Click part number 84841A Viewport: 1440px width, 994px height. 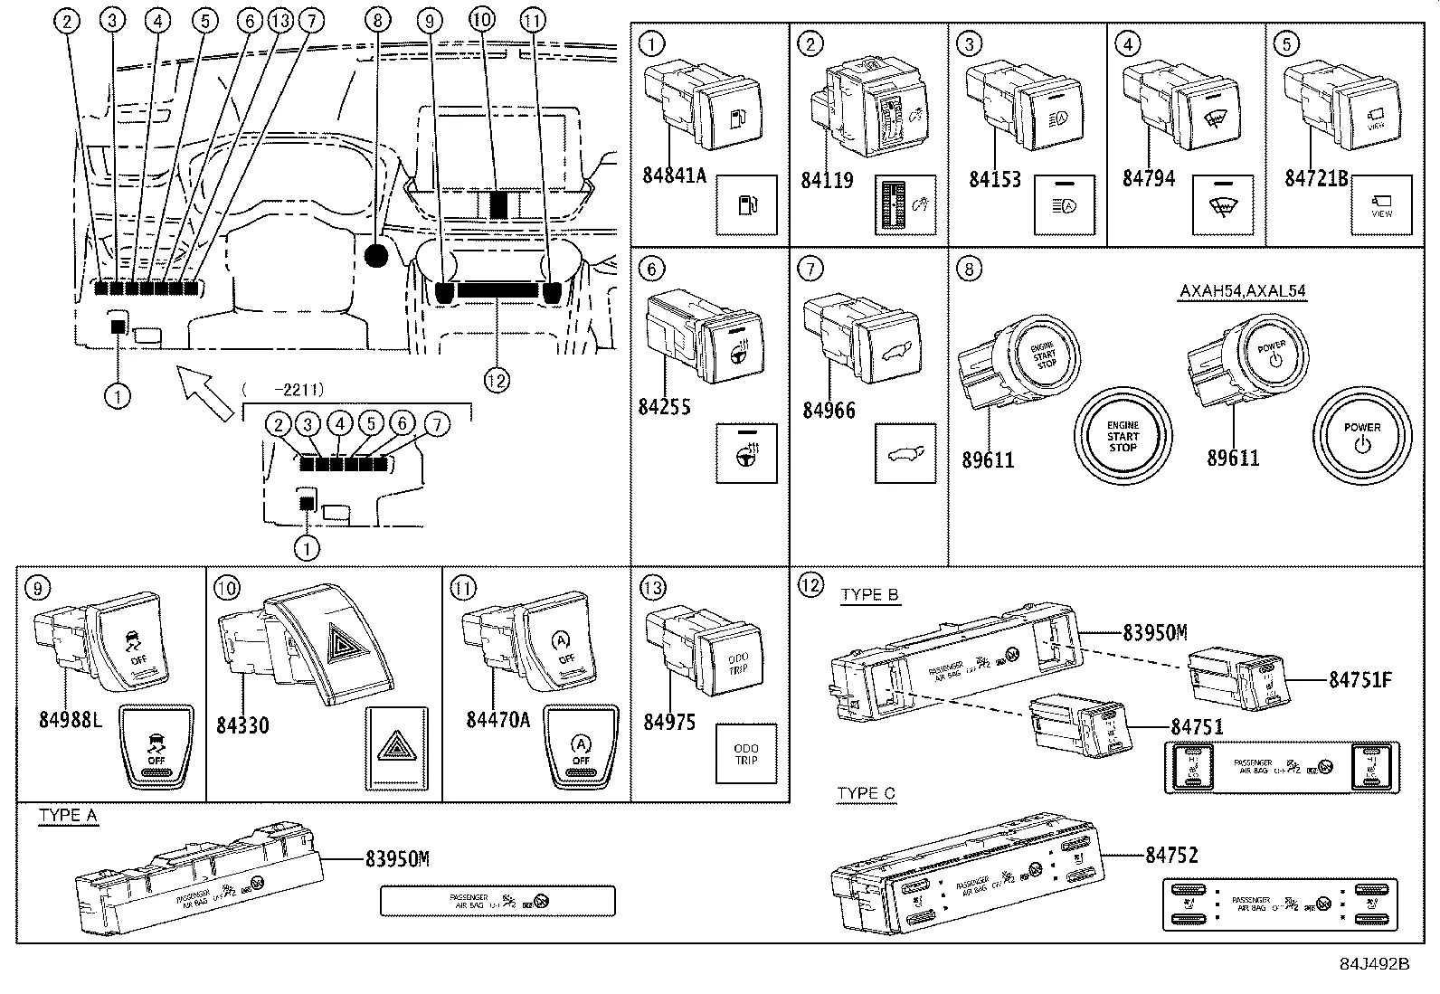pos(674,175)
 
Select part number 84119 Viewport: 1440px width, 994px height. pos(827,180)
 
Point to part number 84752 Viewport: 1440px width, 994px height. pos(1171,855)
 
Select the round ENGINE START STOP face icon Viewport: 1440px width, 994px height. pos(1123,436)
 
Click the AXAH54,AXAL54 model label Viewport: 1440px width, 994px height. pos(1243,291)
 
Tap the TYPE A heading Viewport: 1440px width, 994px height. pos(68,816)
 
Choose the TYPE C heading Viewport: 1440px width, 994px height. pos(866,794)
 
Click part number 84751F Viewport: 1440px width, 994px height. pos(1359,679)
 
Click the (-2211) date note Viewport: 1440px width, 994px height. pos(283,390)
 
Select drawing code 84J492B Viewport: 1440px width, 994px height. pos(1375,964)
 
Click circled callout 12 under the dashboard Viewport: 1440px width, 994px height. pos(497,381)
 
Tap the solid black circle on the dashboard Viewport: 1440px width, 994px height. pos(376,256)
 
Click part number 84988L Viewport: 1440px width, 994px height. pos(71,720)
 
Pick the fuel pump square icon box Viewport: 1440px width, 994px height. pos(746,205)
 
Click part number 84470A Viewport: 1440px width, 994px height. pos(498,720)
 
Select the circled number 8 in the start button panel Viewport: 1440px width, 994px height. pos(969,269)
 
